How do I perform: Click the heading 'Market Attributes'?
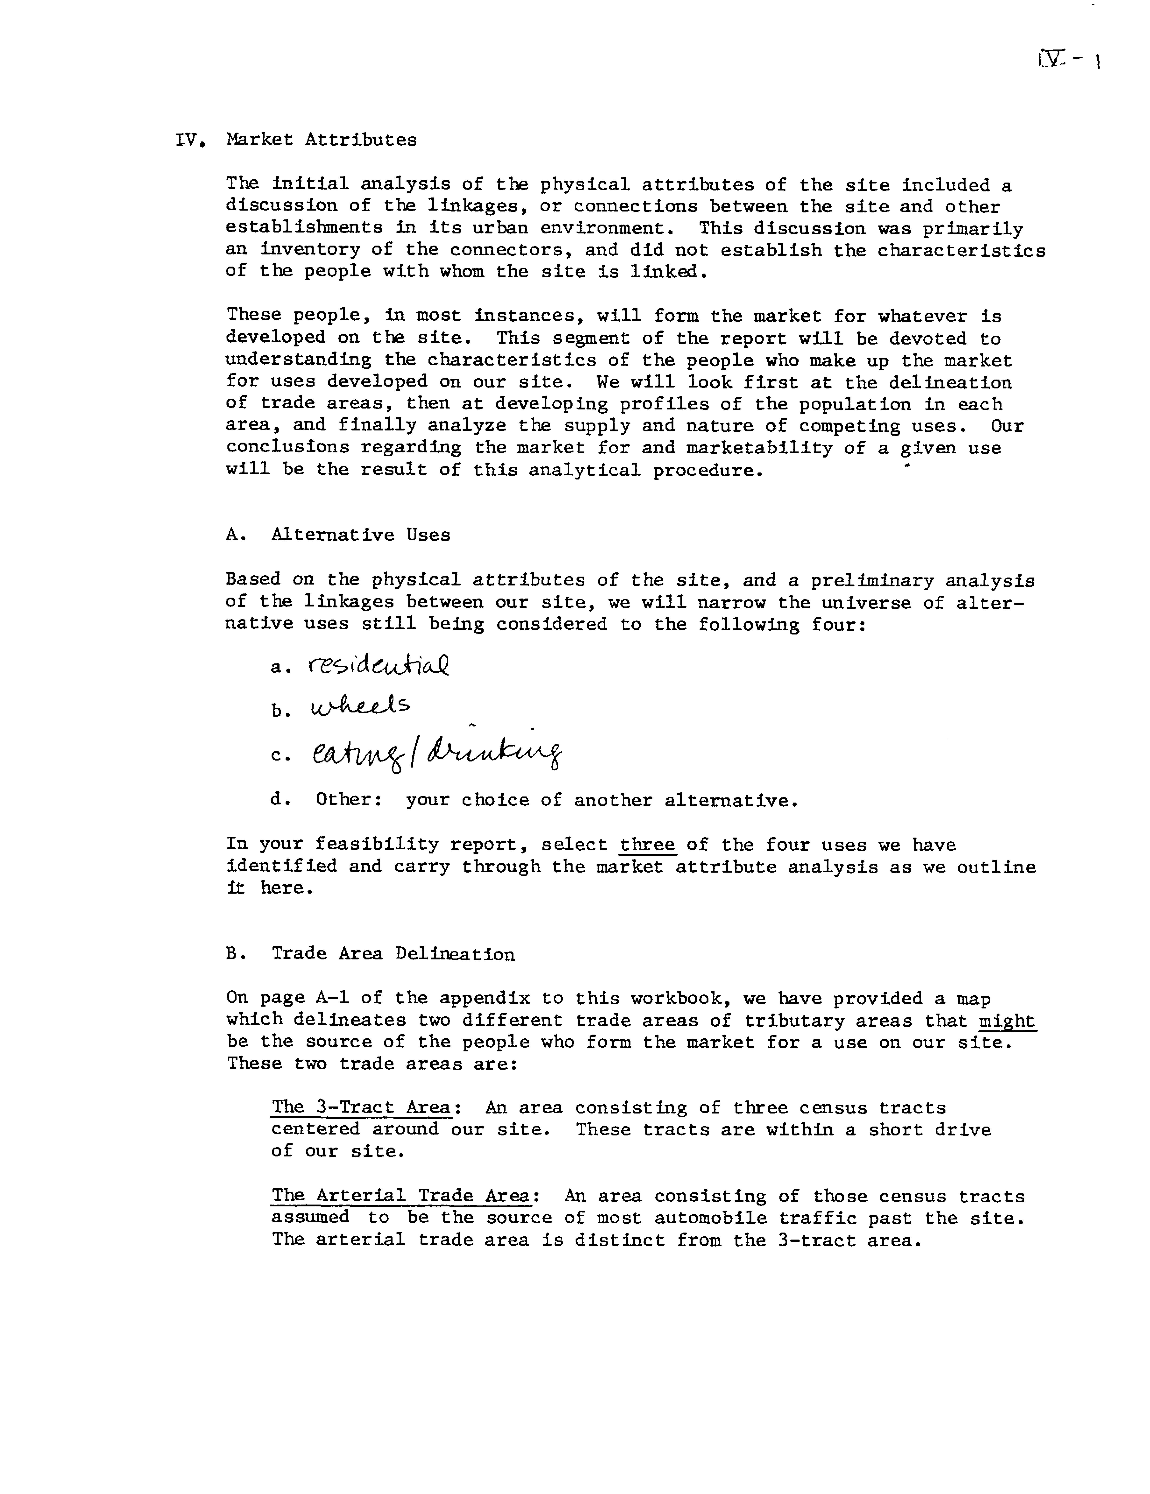point(322,140)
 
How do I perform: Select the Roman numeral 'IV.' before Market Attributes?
point(191,140)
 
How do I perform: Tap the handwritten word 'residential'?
point(378,664)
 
